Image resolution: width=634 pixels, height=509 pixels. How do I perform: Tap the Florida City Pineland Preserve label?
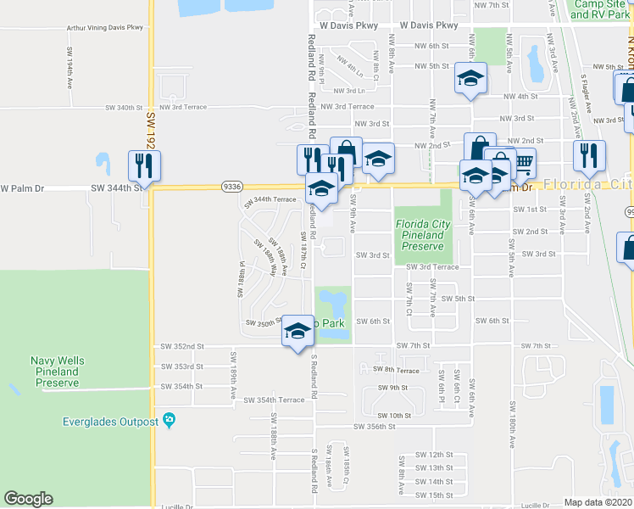[421, 235]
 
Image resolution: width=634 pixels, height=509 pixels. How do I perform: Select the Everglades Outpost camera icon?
[170, 421]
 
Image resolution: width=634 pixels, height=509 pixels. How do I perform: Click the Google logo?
[28, 499]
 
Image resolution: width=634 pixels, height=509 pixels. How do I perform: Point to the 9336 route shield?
[231, 186]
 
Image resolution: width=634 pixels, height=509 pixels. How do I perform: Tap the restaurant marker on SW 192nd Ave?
[142, 163]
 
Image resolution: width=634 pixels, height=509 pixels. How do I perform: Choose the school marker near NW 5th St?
[471, 79]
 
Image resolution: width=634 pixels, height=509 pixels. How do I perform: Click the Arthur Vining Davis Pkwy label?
[104, 28]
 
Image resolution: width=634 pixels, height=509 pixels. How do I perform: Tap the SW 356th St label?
[373, 427]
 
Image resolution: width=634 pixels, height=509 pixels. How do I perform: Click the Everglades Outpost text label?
[111, 422]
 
